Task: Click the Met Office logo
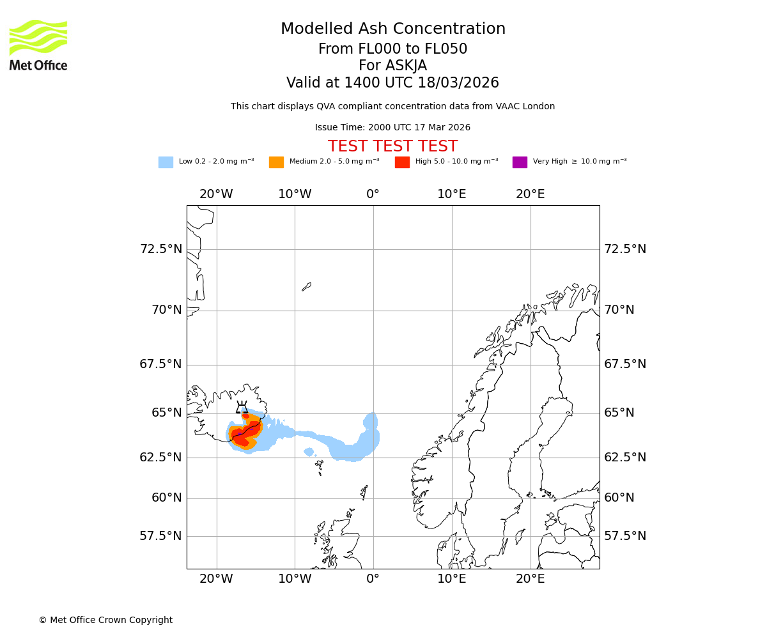(x=38, y=45)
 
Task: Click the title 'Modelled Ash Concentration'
(x=392, y=29)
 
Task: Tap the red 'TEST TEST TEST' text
(x=392, y=146)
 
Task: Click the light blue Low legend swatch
(x=166, y=162)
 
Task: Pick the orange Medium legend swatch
(x=276, y=162)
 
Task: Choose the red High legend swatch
(x=402, y=162)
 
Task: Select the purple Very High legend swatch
(x=520, y=162)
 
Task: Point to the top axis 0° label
(x=373, y=194)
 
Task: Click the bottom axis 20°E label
(x=531, y=579)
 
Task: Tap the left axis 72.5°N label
(x=161, y=249)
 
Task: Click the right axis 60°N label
(x=619, y=498)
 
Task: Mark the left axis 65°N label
(x=166, y=413)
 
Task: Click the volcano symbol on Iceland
(x=242, y=408)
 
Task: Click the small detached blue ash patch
(x=309, y=452)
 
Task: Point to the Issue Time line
(x=392, y=128)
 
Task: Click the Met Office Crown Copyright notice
(x=105, y=620)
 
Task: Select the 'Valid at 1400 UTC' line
(x=392, y=83)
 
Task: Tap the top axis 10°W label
(x=295, y=194)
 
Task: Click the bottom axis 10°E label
(x=452, y=579)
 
